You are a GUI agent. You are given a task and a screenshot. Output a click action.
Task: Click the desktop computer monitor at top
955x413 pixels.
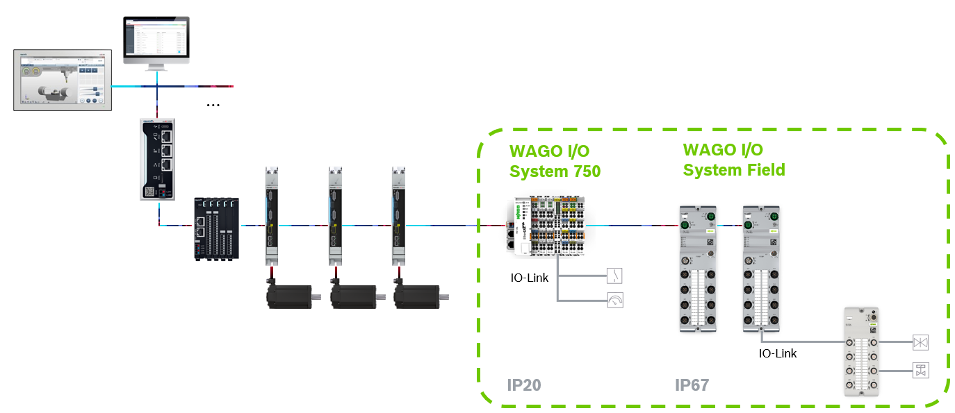click(156, 40)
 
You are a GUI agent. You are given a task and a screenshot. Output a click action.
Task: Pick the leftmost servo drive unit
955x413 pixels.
click(272, 215)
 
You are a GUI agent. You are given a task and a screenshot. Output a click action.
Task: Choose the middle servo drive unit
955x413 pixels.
click(336, 215)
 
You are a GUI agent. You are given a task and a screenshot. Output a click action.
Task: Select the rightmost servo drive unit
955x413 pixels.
click(399, 215)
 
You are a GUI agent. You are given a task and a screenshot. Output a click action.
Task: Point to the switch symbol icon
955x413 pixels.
click(614, 276)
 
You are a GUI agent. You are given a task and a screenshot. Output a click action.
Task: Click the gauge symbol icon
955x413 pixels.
click(614, 300)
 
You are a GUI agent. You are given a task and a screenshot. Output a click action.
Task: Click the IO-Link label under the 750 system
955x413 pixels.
click(529, 278)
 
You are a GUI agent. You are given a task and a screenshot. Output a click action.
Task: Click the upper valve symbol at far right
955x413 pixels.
click(920, 342)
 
